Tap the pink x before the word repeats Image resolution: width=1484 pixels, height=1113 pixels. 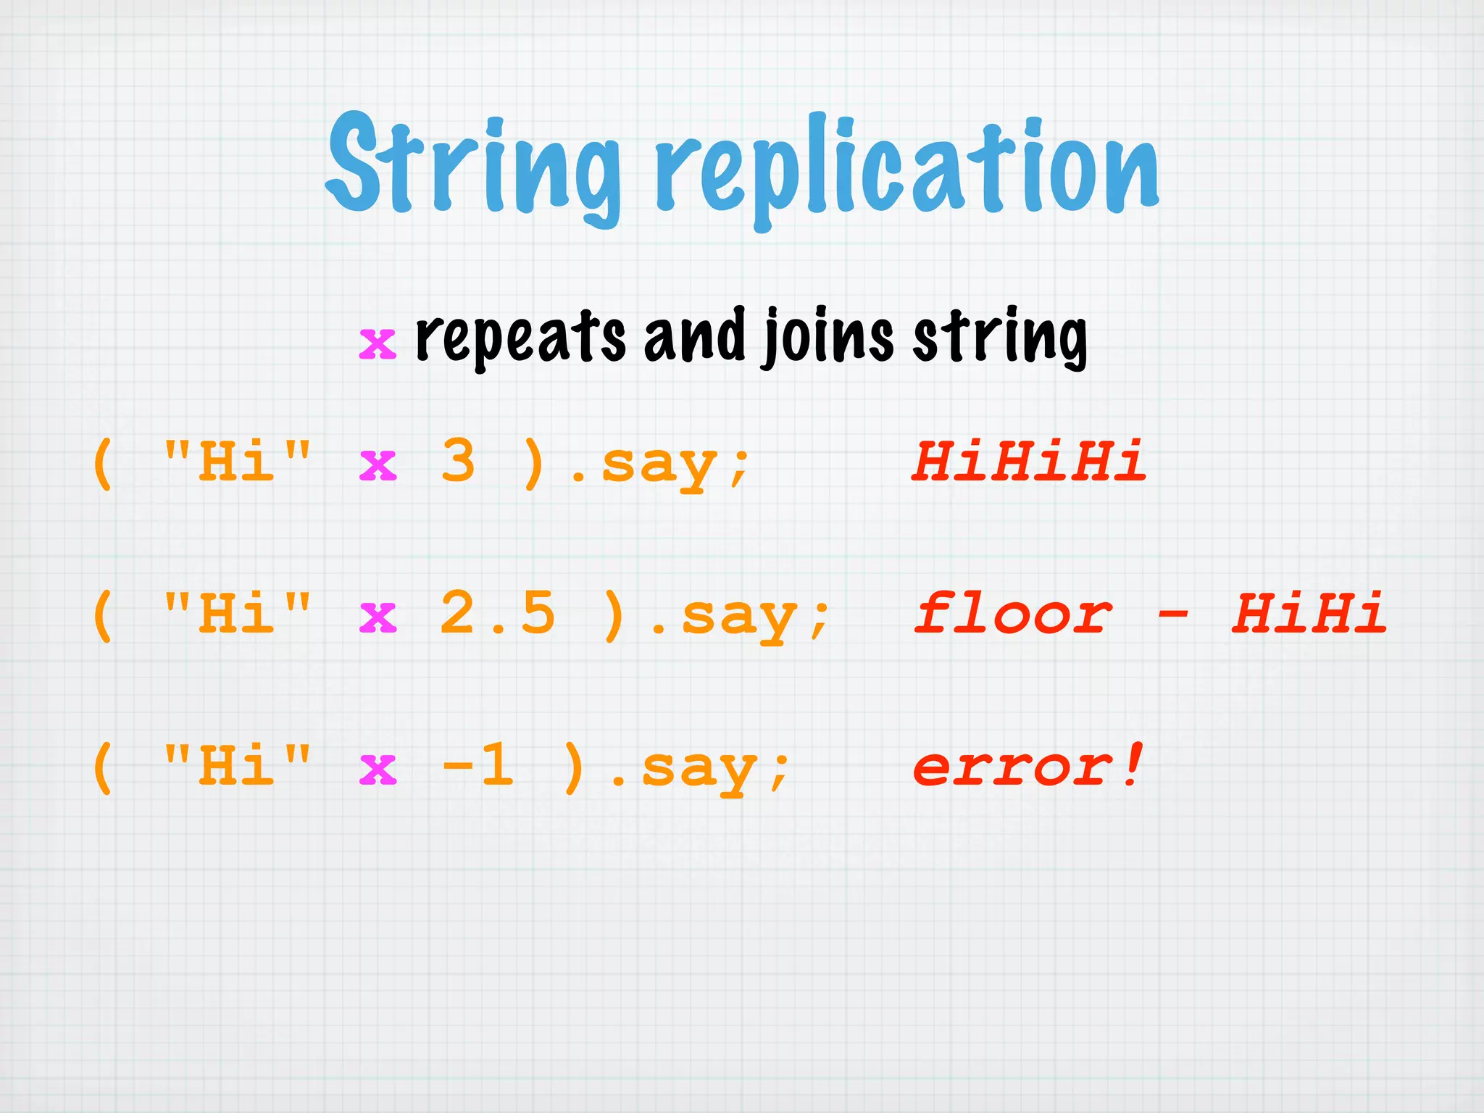pyautogui.click(x=378, y=343)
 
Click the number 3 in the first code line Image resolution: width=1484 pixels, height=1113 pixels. pyautogui.click(x=458, y=461)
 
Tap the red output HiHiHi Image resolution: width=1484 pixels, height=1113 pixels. pyautogui.click(x=1029, y=461)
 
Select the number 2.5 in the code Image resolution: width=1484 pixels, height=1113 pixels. pyautogui.click(x=497, y=613)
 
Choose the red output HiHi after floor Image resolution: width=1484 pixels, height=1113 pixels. pyautogui.click(x=1309, y=613)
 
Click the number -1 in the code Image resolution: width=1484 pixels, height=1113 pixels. pyautogui.click(x=478, y=765)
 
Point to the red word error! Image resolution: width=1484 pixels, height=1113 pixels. pyautogui.click(x=1029, y=765)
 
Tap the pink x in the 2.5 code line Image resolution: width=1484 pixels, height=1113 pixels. pyautogui.click(x=378, y=617)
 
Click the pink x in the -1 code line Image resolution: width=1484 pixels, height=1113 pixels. pyautogui.click(x=378, y=770)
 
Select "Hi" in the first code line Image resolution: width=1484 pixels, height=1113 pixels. pyautogui.click(x=237, y=461)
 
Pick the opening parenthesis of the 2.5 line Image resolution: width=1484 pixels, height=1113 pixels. pyautogui.click(x=103, y=614)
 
